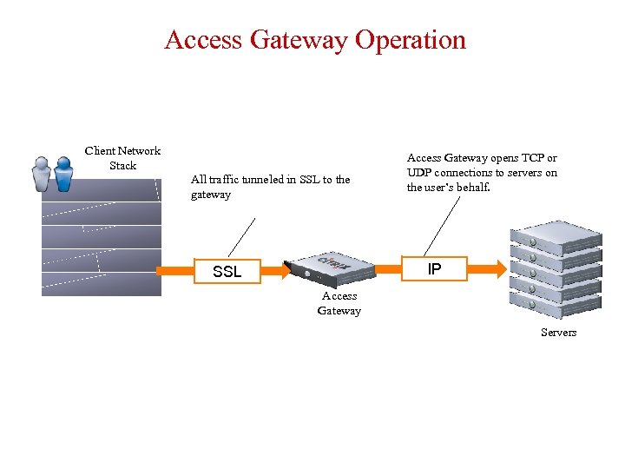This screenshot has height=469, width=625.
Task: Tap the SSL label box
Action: click(x=227, y=272)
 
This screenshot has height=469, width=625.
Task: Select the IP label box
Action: click(x=435, y=269)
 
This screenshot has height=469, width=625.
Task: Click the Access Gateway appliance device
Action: click(x=330, y=268)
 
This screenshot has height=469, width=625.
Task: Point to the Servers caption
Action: click(x=558, y=333)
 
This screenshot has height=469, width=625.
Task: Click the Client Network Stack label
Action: click(x=122, y=158)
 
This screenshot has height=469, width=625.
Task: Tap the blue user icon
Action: click(x=63, y=173)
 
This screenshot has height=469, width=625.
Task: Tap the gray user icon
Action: click(x=41, y=173)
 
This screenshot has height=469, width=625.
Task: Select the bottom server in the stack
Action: click(x=556, y=304)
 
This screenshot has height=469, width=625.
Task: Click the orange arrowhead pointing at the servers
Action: click(x=500, y=269)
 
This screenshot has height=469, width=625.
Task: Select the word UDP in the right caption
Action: click(x=421, y=173)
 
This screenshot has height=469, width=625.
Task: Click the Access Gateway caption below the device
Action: click(x=339, y=303)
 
